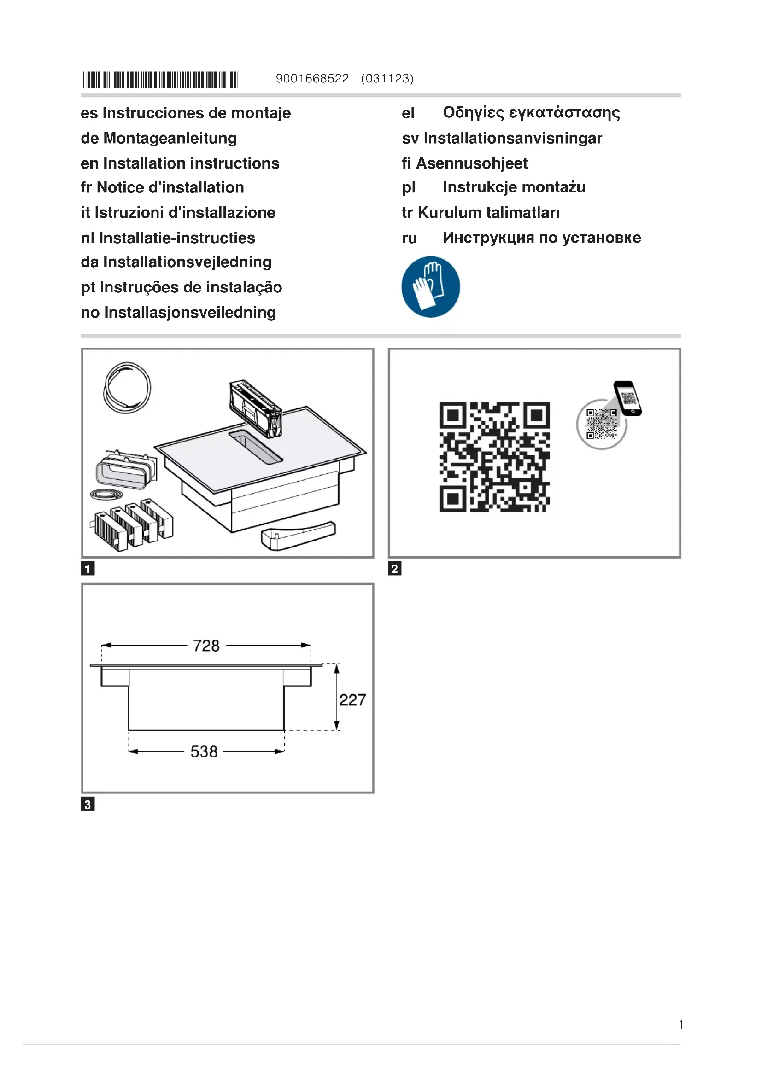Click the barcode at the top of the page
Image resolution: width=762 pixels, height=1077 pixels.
point(160,80)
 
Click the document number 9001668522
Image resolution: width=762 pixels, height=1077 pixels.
point(312,79)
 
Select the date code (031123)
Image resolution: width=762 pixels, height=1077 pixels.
point(387,79)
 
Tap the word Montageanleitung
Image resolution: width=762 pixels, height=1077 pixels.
point(170,139)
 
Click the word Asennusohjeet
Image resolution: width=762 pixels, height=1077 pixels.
point(472,163)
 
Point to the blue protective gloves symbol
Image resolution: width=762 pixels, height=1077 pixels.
point(430,286)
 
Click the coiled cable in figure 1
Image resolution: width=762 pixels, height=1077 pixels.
point(127,387)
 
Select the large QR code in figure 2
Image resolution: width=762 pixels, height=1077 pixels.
point(494,456)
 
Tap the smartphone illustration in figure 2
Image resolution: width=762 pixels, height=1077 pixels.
point(627,398)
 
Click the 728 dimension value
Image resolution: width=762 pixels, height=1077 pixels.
point(206,646)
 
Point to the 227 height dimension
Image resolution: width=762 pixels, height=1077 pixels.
point(352,700)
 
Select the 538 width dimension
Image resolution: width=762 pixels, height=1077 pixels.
point(204,751)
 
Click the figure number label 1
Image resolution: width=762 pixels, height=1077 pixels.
point(88,569)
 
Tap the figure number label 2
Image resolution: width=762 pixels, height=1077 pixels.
point(395,569)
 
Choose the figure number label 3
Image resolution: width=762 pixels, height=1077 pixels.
point(88,804)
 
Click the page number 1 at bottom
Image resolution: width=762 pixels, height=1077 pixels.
point(680,1025)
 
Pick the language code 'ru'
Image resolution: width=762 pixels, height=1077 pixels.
point(409,239)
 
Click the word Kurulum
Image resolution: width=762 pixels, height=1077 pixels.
point(450,213)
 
